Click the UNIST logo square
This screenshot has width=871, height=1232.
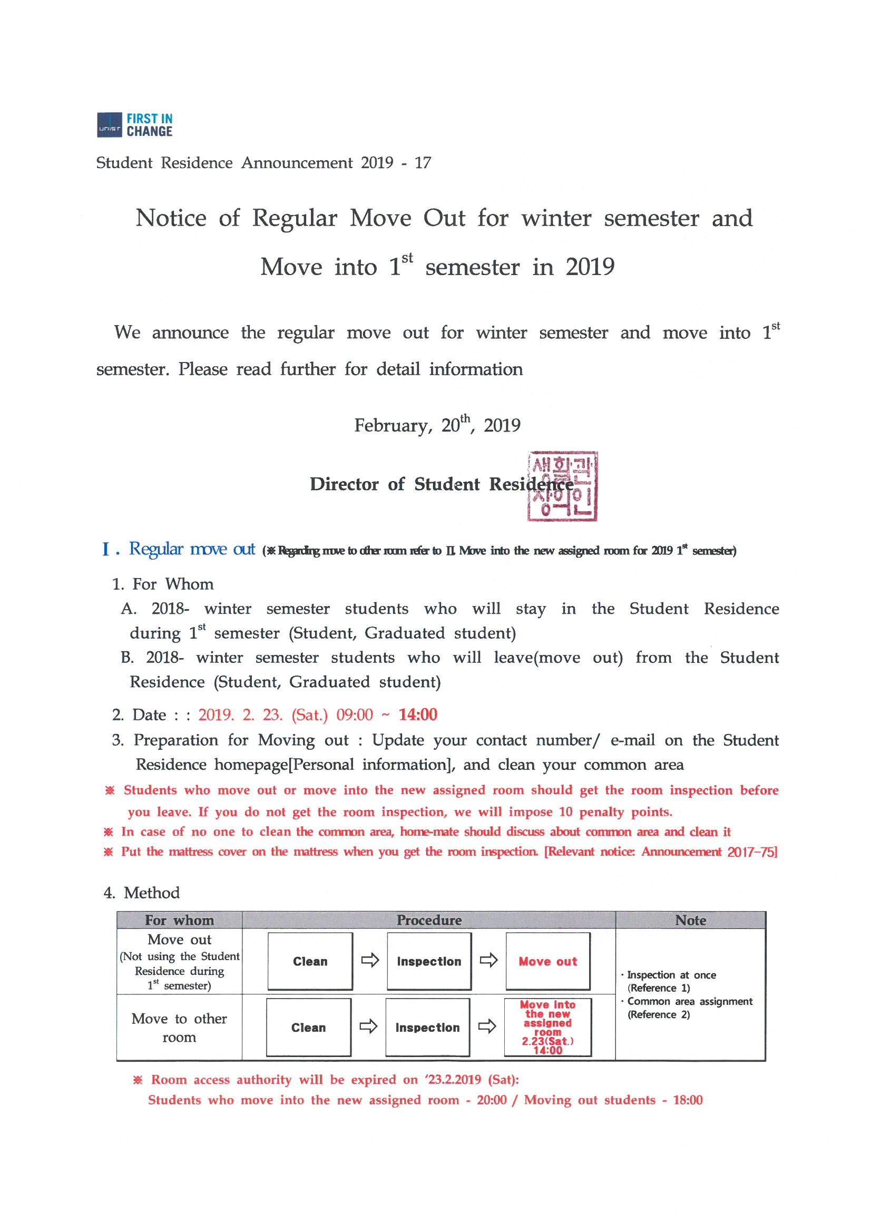[x=110, y=125]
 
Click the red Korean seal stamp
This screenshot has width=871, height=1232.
[x=562, y=486]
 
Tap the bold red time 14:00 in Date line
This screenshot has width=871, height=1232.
[x=417, y=715]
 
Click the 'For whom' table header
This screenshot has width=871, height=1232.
[x=179, y=920]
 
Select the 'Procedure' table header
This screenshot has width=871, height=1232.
[x=429, y=920]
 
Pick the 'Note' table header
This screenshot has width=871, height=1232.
[x=690, y=920]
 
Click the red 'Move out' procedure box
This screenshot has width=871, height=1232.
[x=548, y=962]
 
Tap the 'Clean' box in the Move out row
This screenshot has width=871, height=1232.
[x=310, y=962]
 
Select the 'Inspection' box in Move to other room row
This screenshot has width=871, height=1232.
[x=428, y=1028]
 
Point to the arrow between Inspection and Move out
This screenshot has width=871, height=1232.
[x=488, y=960]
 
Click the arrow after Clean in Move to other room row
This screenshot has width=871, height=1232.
[x=368, y=1026]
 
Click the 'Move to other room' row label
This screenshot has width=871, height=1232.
[x=179, y=1028]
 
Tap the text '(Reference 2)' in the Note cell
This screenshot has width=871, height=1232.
[x=659, y=1015]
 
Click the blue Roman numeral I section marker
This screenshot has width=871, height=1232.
[x=107, y=550]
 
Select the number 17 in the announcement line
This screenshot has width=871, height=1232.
[x=423, y=163]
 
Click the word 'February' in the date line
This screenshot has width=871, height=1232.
[x=393, y=426]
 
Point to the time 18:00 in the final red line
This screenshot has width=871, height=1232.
[x=688, y=1100]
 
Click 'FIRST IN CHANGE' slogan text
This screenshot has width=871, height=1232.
[x=149, y=125]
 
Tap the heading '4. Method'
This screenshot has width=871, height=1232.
[x=142, y=893]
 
